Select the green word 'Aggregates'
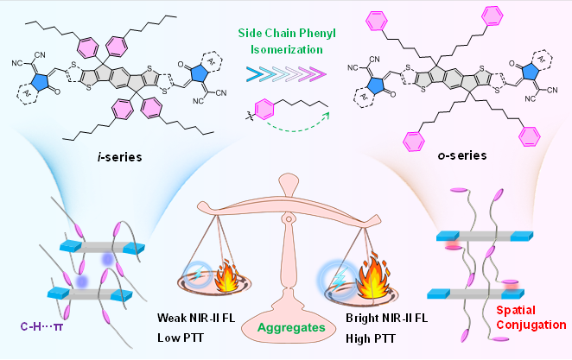pos(285,328)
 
